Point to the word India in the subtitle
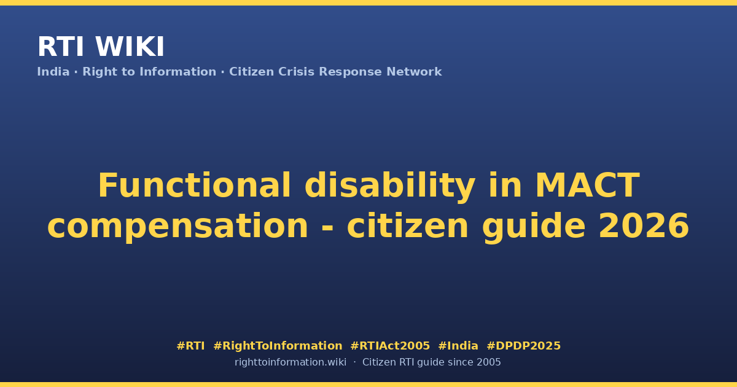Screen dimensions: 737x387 [x=53, y=72]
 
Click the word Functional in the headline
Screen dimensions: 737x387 [x=195, y=186]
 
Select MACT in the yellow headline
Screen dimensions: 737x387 [x=588, y=186]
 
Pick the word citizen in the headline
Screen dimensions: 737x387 [x=408, y=225]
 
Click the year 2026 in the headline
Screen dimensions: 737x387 [x=644, y=225]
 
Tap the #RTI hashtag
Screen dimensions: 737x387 [x=190, y=346]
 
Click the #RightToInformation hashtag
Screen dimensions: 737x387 [x=278, y=346]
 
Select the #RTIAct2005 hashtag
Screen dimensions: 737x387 [x=390, y=346]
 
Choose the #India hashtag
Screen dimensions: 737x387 [x=458, y=346]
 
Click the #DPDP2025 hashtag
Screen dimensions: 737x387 [x=523, y=346]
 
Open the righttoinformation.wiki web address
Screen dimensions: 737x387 [x=291, y=362]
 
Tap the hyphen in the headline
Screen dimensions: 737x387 [x=327, y=228]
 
